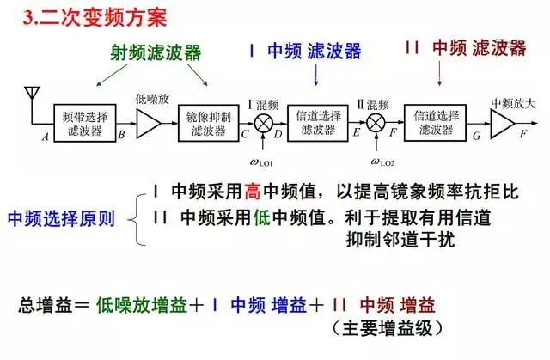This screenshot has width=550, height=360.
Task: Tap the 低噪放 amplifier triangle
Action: [x=149, y=124]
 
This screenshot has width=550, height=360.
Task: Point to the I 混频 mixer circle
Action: [x=264, y=124]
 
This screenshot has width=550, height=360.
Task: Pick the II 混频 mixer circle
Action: [x=376, y=124]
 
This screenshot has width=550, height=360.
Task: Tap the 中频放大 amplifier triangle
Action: [x=502, y=124]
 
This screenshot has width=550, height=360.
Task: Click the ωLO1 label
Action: [x=261, y=162]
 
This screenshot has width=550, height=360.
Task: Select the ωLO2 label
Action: [x=382, y=162]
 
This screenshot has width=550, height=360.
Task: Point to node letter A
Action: [x=46, y=137]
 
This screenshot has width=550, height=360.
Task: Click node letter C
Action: [x=245, y=134]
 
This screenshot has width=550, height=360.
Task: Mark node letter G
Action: [x=477, y=136]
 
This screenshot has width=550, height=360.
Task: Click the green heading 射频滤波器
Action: [x=156, y=53]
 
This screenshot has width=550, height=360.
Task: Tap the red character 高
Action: [x=252, y=192]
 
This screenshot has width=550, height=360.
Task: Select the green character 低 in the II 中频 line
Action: [x=261, y=217]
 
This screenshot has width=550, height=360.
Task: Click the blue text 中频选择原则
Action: [x=62, y=218]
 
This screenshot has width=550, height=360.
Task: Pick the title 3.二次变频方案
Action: [x=95, y=17]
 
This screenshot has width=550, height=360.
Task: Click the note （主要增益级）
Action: [x=388, y=328]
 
